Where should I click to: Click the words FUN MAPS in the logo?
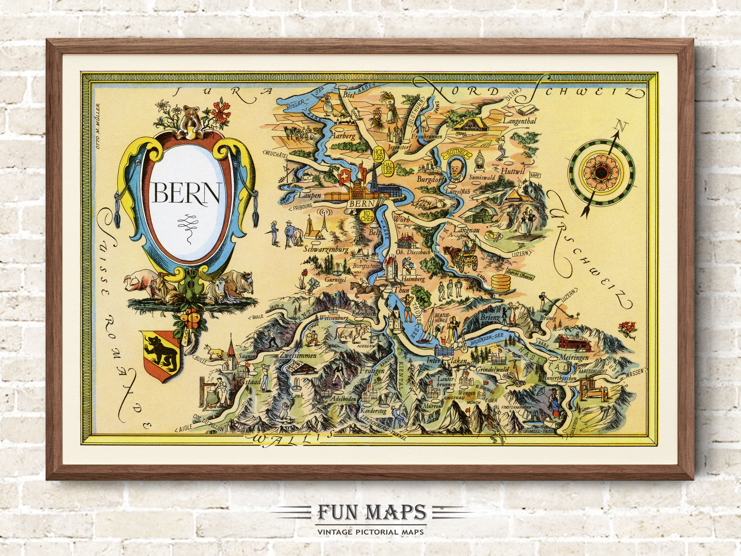(x=370, y=512)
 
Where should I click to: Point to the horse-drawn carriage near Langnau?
(x=462, y=255)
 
